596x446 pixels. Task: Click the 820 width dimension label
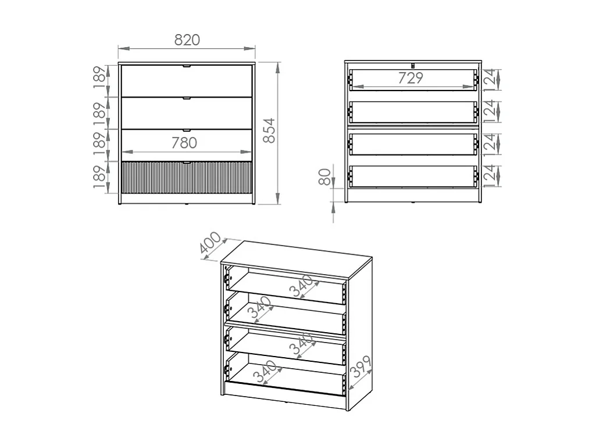[187, 40]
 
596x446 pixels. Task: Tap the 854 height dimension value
[268, 132]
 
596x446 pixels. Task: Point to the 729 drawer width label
[411, 78]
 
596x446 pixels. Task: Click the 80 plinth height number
[326, 176]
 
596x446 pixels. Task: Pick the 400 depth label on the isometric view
[210, 244]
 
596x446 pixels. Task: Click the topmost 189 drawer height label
[101, 79]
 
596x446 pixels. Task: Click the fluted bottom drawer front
[187, 178]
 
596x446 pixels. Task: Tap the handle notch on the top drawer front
[187, 67]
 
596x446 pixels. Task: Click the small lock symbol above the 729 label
[412, 65]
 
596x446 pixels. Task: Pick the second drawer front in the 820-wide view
[187, 113]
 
